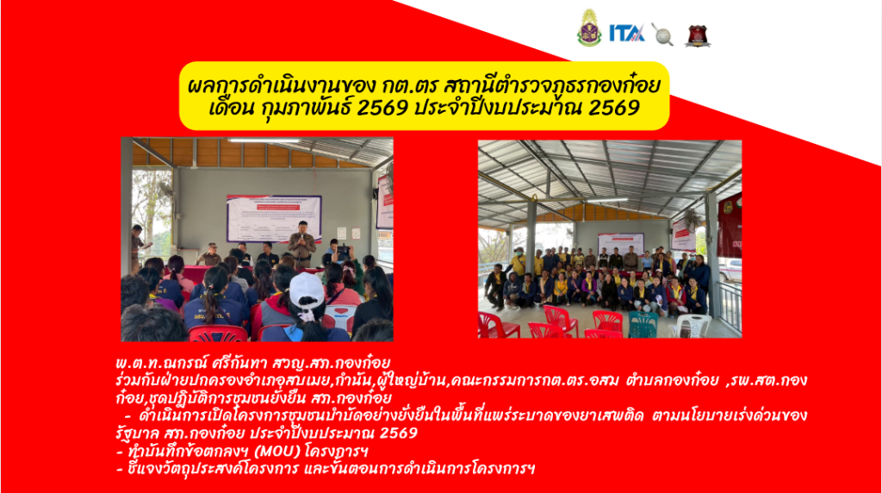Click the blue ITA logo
[627, 34]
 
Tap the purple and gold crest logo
[589, 28]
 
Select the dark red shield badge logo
[698, 35]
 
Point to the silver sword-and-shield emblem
[662, 34]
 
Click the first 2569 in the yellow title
[382, 107]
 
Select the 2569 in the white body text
[399, 433]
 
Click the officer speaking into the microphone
[302, 244]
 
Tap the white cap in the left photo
[307, 291]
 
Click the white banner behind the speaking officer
[273, 218]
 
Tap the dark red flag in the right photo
[730, 225]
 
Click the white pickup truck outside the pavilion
[730, 269]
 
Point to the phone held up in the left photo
[342, 251]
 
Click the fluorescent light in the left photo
[264, 140]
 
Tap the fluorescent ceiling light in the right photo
[606, 200]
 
